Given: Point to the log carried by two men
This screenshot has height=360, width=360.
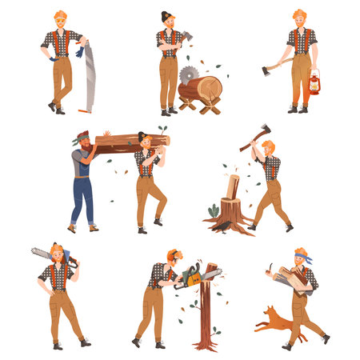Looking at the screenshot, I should pyautogui.click(x=128, y=142).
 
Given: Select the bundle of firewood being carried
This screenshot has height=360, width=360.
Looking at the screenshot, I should pyautogui.click(x=293, y=279).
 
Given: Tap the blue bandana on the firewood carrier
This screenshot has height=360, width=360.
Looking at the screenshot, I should pyautogui.click(x=300, y=257).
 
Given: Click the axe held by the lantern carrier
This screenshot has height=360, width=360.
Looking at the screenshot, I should pyautogui.click(x=272, y=67).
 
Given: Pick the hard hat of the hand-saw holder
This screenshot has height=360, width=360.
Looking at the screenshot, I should pyautogui.click(x=60, y=15).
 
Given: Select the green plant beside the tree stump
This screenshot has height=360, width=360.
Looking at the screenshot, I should pyautogui.click(x=214, y=211).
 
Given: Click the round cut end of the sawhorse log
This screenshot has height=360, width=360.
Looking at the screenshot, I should pyautogui.click(x=213, y=88).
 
